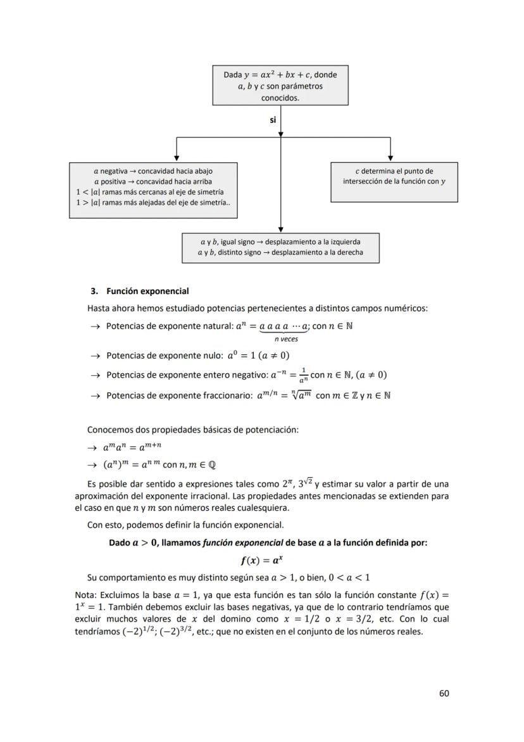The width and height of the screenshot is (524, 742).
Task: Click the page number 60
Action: click(x=444, y=693)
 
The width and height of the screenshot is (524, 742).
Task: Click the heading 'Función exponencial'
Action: click(x=147, y=291)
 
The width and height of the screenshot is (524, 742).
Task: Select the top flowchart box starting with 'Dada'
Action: click(x=280, y=86)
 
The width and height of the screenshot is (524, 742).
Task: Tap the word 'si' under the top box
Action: click(x=273, y=119)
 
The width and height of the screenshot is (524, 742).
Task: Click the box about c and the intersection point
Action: click(x=394, y=182)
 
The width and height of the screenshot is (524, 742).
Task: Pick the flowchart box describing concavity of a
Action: click(x=153, y=190)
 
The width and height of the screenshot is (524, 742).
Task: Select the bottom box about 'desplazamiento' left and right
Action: click(x=280, y=248)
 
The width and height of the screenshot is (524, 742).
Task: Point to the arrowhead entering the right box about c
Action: click(x=390, y=159)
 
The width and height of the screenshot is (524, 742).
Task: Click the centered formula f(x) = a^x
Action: click(x=262, y=560)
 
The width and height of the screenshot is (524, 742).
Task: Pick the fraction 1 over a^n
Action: click(x=304, y=374)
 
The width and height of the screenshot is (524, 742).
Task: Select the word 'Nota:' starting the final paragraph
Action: click(x=87, y=596)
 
